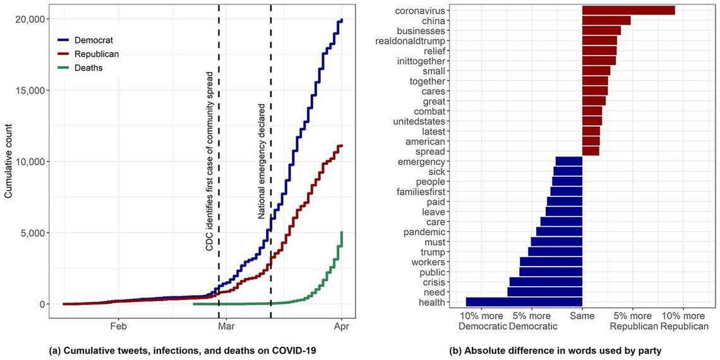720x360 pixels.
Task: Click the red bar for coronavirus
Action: pyautogui.click(x=628, y=10)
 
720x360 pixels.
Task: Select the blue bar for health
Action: pyautogui.click(x=524, y=303)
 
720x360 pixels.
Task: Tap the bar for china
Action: pyautogui.click(x=606, y=20)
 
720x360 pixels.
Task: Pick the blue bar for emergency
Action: pyautogui.click(x=568, y=162)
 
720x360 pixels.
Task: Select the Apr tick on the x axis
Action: pyautogui.click(x=341, y=327)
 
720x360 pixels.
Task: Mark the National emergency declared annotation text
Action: pyautogui.click(x=261, y=161)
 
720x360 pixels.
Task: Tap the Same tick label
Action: pyautogui.click(x=582, y=315)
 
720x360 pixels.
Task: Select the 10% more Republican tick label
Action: pyautogui.click(x=684, y=321)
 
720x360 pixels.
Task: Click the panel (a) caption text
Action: pyautogui.click(x=182, y=350)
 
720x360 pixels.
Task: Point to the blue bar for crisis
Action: pyautogui.click(x=545, y=282)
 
